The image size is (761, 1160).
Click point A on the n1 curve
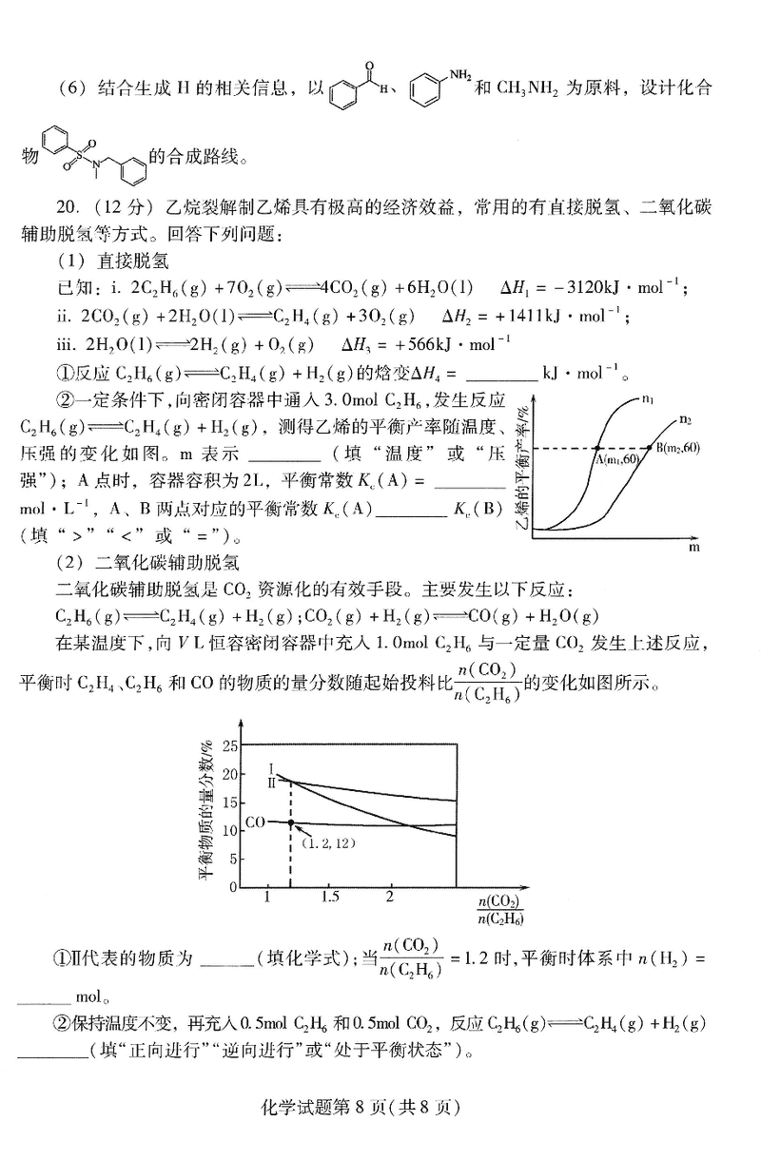(x=596, y=448)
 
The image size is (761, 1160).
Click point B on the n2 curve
(x=648, y=448)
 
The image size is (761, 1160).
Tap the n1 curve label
(x=648, y=400)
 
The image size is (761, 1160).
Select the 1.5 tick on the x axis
(x=329, y=897)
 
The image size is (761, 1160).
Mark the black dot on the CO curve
(x=291, y=822)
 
